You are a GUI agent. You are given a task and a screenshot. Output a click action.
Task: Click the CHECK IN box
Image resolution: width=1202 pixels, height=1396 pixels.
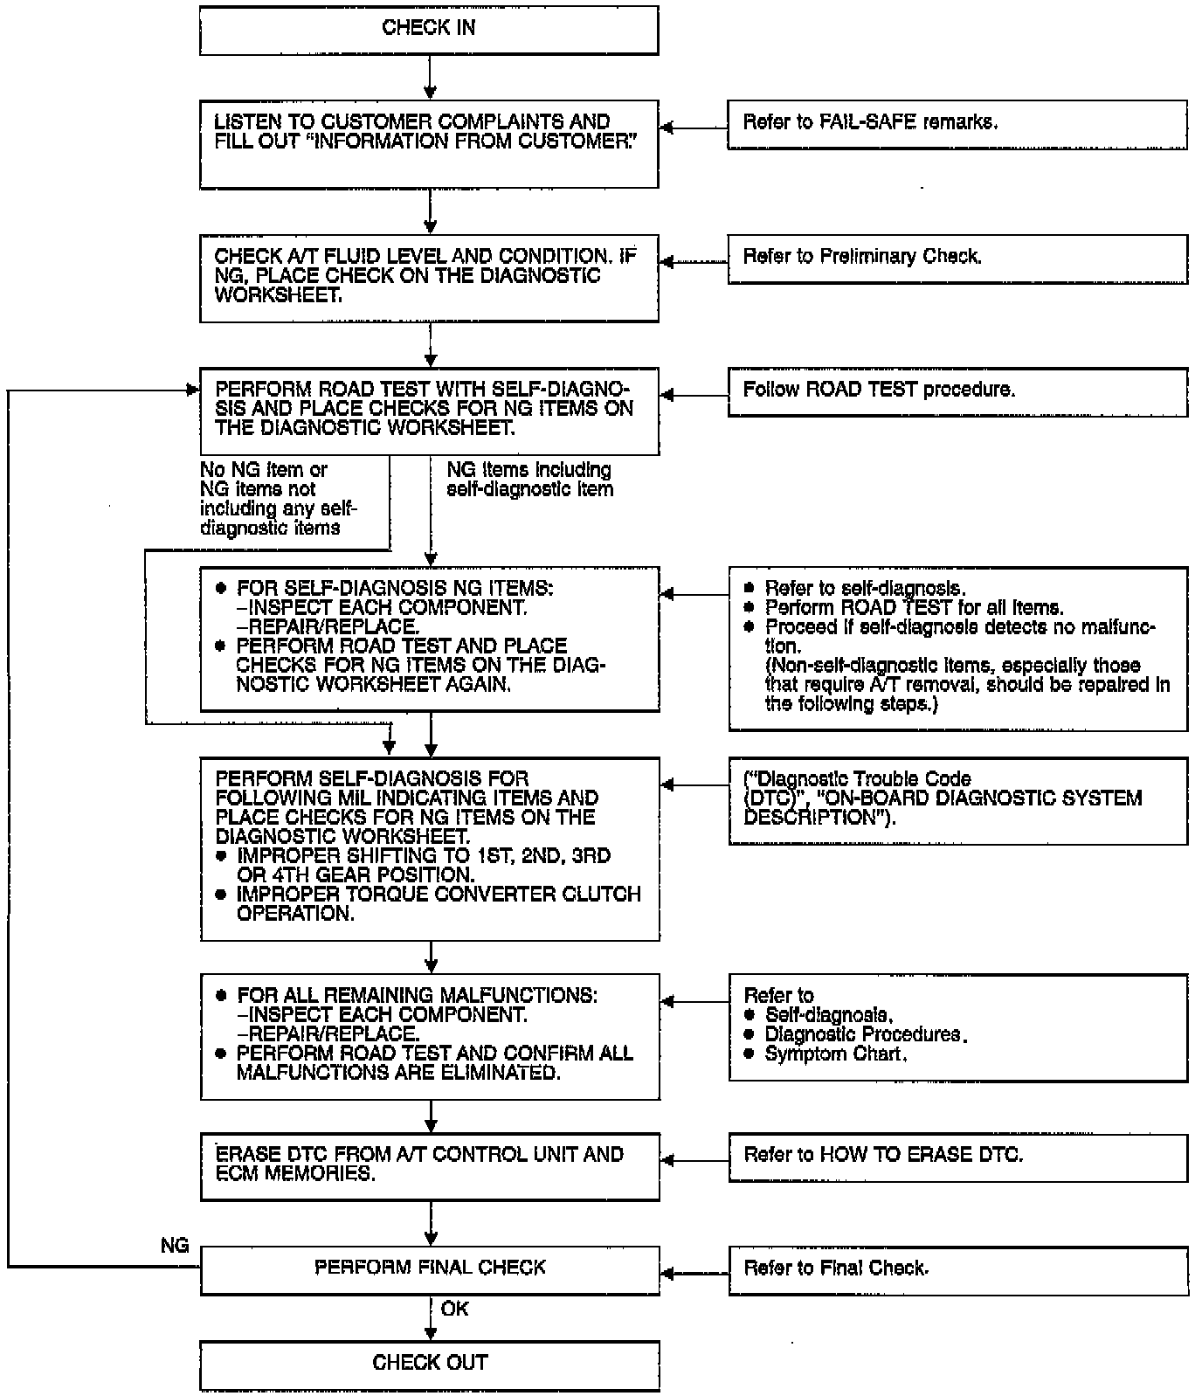coord(428,30)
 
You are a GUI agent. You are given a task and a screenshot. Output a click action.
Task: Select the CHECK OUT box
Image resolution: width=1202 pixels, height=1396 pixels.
coord(429,1364)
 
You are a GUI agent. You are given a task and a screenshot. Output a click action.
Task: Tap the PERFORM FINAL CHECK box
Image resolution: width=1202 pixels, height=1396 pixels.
coord(429,1268)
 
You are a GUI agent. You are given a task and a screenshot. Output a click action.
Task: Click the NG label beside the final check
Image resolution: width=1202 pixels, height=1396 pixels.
coord(175,1246)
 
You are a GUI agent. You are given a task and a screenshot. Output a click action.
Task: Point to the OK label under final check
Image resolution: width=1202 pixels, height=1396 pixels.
coord(454,1309)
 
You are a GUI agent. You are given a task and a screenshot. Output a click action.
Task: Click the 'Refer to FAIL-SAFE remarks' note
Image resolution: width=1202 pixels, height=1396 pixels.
coord(957,124)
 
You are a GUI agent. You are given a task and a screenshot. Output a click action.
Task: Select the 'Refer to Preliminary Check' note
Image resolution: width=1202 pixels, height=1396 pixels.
coord(957,258)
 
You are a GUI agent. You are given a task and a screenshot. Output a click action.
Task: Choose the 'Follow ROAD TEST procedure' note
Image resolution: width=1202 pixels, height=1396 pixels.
coord(957,390)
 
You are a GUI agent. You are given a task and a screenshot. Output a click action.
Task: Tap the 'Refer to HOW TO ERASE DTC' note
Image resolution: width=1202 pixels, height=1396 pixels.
coord(957,1157)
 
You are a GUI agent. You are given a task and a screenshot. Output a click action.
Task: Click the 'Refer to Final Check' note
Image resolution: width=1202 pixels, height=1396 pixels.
coord(957,1268)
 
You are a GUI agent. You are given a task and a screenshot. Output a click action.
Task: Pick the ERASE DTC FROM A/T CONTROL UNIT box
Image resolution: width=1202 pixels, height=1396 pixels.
coord(429,1165)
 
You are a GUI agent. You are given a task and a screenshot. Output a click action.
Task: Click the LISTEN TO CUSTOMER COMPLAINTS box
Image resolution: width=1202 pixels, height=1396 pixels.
coord(428,143)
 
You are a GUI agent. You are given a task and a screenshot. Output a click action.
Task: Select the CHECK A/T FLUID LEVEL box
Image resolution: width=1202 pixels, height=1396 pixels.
coord(428,278)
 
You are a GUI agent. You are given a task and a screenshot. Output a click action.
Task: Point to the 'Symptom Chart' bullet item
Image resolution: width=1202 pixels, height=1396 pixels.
coord(835,1054)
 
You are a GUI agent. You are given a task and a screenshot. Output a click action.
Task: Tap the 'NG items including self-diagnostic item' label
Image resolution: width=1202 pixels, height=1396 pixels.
coord(529,480)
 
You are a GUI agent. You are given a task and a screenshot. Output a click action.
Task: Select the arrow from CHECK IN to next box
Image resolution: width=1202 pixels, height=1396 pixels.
coord(429,78)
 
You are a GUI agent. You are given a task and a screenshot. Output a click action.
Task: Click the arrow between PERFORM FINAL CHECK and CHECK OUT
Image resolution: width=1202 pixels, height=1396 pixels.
coord(430,1318)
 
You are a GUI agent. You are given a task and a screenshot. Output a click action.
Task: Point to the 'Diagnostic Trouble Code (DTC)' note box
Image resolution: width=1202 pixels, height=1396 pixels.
coord(957,800)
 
